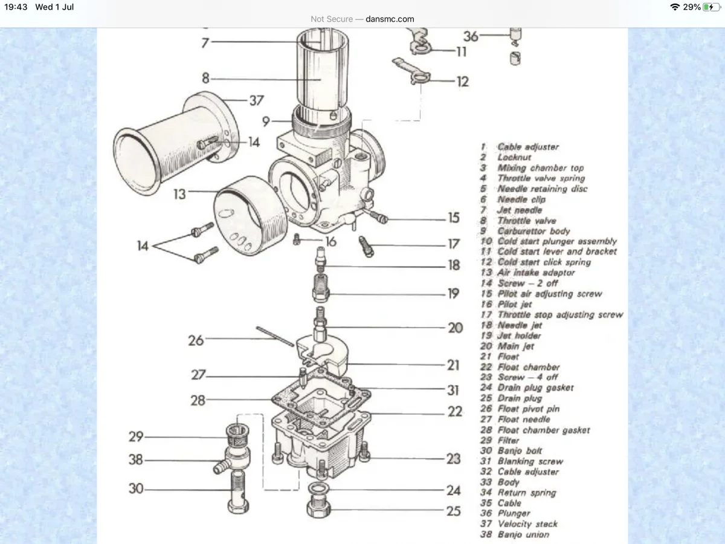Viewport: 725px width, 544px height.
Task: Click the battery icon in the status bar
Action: pyautogui.click(x=712, y=7)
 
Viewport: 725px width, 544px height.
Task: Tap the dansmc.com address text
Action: pyautogui.click(x=390, y=19)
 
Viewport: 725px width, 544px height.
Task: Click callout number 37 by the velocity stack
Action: pyautogui.click(x=256, y=100)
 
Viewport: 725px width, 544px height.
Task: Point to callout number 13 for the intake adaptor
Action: pyautogui.click(x=179, y=195)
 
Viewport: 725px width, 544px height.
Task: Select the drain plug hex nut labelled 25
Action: pyautogui.click(x=317, y=508)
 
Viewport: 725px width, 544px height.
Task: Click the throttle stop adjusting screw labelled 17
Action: pyautogui.click(x=366, y=246)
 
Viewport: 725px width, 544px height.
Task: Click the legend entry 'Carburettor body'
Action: pyautogui.click(x=533, y=231)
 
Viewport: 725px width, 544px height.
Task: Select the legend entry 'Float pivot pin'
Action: pyautogui.click(x=528, y=409)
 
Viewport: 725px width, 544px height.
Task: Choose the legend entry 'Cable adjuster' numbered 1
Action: pyautogui.click(x=527, y=147)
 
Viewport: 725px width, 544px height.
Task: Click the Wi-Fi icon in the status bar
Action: pyautogui.click(x=674, y=7)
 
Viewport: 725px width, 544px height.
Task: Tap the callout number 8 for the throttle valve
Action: pyautogui.click(x=205, y=78)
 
